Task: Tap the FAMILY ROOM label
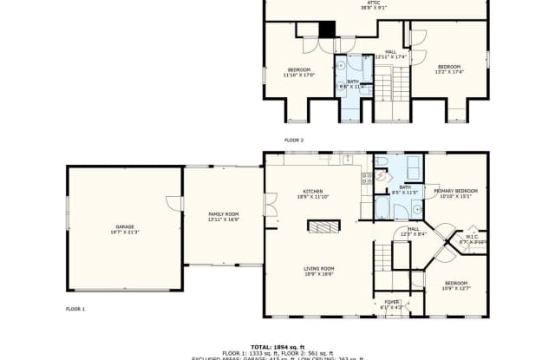coord(223,217)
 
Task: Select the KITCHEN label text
coord(312,194)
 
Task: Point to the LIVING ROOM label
coord(318,271)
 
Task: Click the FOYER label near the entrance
coord(392,304)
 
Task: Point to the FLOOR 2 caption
coord(294,140)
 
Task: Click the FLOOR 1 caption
coord(75,309)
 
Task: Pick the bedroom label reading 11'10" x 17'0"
coord(298,72)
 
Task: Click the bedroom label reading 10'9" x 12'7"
coord(455,286)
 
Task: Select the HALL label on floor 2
coord(391,53)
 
